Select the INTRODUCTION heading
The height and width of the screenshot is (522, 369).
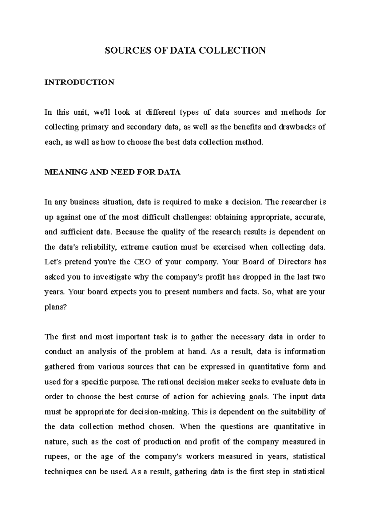tap(79, 82)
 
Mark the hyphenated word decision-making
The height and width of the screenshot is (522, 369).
tap(159, 412)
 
